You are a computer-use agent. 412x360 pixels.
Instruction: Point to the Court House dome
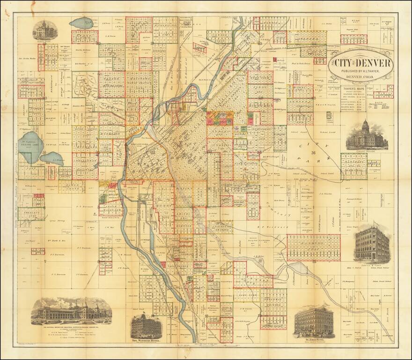coord(366,125)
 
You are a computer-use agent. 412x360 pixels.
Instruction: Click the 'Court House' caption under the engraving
coord(367,152)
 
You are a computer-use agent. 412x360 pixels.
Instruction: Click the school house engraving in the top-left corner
coord(45,30)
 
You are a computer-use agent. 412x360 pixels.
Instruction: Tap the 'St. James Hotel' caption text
coord(315,340)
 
